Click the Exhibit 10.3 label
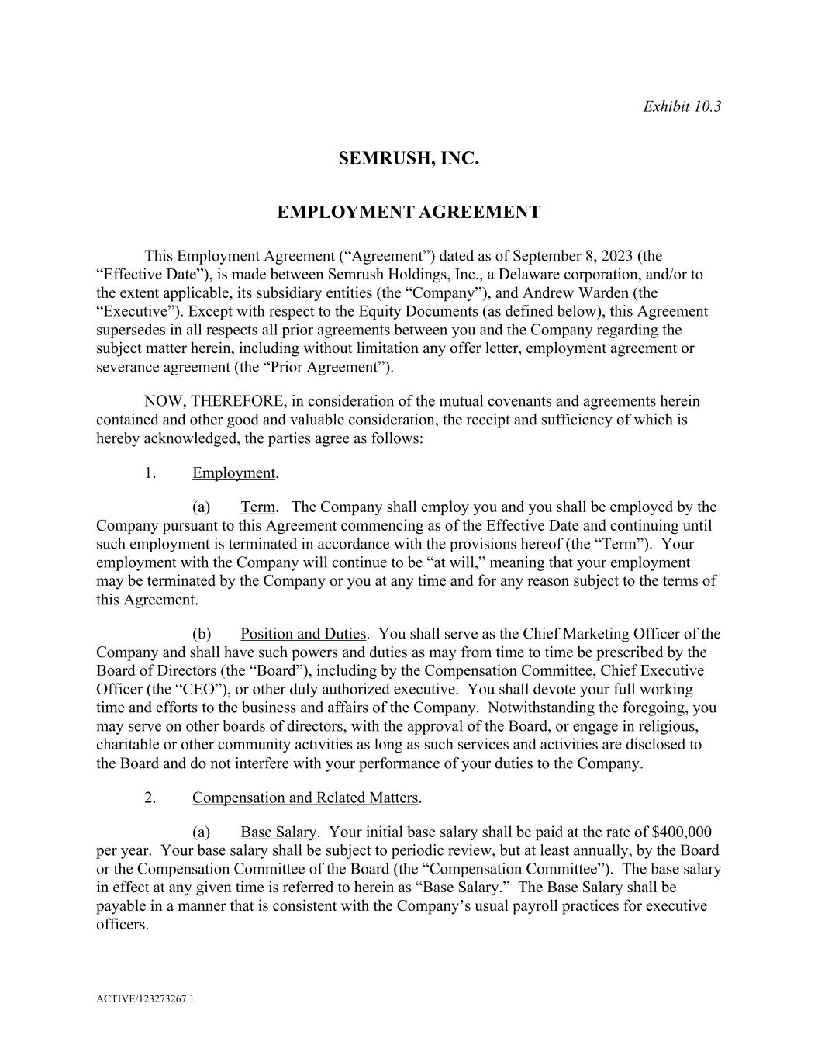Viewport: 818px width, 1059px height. click(682, 106)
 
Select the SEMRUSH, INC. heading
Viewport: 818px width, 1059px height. click(409, 159)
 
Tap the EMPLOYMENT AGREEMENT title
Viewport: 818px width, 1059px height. click(409, 213)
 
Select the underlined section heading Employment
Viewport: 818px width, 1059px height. click(233, 473)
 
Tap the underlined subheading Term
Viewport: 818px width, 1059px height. click(257, 507)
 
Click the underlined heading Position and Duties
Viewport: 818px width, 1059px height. click(302, 634)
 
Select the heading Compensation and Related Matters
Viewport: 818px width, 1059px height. click(305, 798)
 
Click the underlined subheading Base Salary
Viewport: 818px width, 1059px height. click(278, 832)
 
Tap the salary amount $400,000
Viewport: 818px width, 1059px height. click(682, 832)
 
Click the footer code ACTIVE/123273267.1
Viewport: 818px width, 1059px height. click(145, 999)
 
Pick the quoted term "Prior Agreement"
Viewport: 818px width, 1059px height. click(337, 368)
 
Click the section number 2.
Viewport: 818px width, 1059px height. click(150, 798)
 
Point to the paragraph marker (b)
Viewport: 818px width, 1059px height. click(202, 634)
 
